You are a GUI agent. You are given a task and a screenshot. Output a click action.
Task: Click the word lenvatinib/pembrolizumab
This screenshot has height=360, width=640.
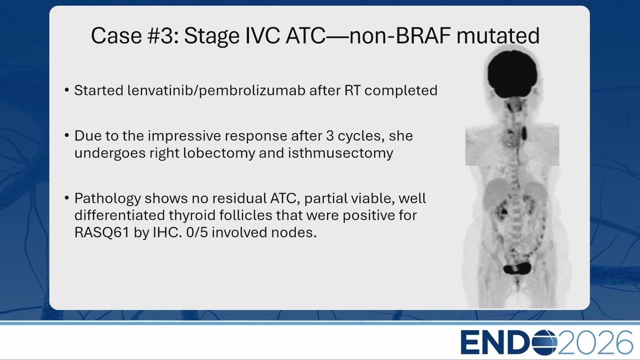click(216, 90)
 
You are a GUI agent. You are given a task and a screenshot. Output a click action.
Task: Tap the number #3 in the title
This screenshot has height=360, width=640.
click(163, 35)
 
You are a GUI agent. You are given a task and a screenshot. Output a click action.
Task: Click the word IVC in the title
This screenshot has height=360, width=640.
click(262, 35)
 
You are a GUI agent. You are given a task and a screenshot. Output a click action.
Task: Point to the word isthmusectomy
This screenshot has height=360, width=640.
click(340, 153)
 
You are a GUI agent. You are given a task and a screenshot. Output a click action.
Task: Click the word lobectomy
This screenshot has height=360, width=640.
click(219, 153)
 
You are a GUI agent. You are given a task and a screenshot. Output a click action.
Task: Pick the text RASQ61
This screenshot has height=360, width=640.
click(101, 232)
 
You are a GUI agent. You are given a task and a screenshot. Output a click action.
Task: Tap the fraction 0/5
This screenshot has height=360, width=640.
click(197, 232)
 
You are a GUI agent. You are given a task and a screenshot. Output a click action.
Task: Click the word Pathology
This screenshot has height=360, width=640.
click(107, 198)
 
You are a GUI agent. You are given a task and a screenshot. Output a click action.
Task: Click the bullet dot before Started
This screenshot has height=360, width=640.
click(67, 90)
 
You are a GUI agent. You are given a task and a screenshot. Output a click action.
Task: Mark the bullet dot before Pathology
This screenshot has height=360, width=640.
click(67, 198)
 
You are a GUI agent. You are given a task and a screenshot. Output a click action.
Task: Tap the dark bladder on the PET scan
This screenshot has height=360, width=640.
click(517, 268)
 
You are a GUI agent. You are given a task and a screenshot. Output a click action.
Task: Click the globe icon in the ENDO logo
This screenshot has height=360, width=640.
click(543, 342)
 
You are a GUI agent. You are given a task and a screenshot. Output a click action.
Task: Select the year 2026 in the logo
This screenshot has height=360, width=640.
click(595, 342)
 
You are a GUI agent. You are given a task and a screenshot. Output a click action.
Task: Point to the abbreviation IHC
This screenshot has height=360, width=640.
click(167, 232)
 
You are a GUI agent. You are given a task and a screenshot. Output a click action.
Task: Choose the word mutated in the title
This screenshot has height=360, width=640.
click(498, 35)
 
